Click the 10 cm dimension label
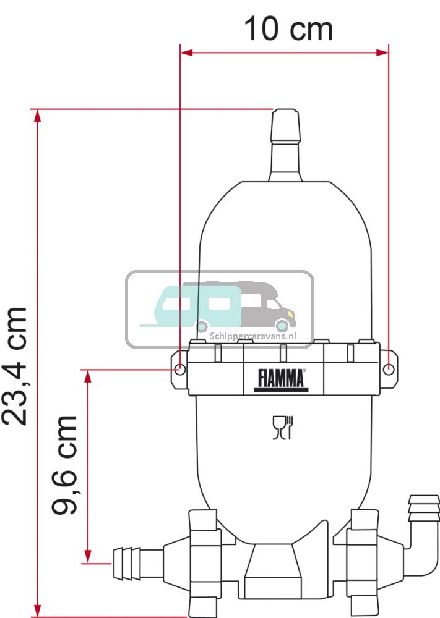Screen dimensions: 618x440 coord(288,29)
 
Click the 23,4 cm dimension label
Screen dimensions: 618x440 coord(15,366)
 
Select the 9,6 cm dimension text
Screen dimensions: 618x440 coord(66,465)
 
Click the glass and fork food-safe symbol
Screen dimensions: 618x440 coord(283,427)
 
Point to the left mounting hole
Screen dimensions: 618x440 coord(179,369)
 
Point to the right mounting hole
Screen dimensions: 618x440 coord(388,369)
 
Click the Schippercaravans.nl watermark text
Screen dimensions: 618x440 coord(253,337)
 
